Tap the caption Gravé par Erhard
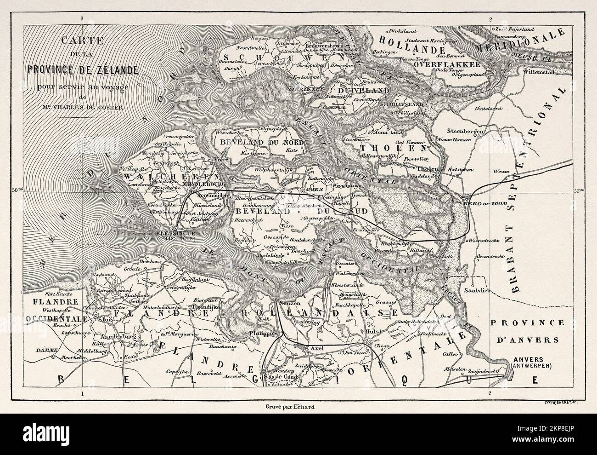pyautogui.click(x=284, y=406)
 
